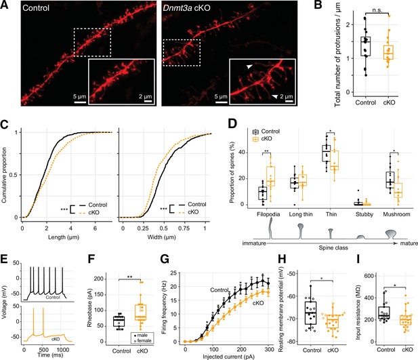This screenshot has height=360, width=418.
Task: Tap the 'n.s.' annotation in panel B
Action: (x=377, y=10)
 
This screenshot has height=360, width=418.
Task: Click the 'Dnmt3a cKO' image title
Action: (x=186, y=7)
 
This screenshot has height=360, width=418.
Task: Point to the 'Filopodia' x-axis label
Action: (x=268, y=214)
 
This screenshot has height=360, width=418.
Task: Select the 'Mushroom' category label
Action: (x=396, y=214)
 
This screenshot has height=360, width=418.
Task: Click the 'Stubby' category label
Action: (x=364, y=214)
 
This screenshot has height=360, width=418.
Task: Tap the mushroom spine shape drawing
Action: (x=391, y=234)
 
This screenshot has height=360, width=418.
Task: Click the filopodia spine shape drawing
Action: (x=271, y=228)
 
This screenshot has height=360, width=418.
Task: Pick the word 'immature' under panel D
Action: (x=254, y=243)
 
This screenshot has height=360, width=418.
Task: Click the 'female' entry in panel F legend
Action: (x=144, y=340)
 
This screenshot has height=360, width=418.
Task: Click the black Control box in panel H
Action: (x=310, y=313)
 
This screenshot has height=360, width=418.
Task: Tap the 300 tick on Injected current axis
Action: (x=269, y=350)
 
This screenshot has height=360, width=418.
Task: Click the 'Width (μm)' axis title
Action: (x=161, y=237)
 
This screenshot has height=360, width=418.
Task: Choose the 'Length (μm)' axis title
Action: (x=64, y=237)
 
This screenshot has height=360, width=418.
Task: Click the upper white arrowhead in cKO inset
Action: (x=249, y=66)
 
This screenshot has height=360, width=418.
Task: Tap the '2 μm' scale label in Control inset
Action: (x=145, y=96)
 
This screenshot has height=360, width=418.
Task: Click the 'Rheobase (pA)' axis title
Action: (x=89, y=310)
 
